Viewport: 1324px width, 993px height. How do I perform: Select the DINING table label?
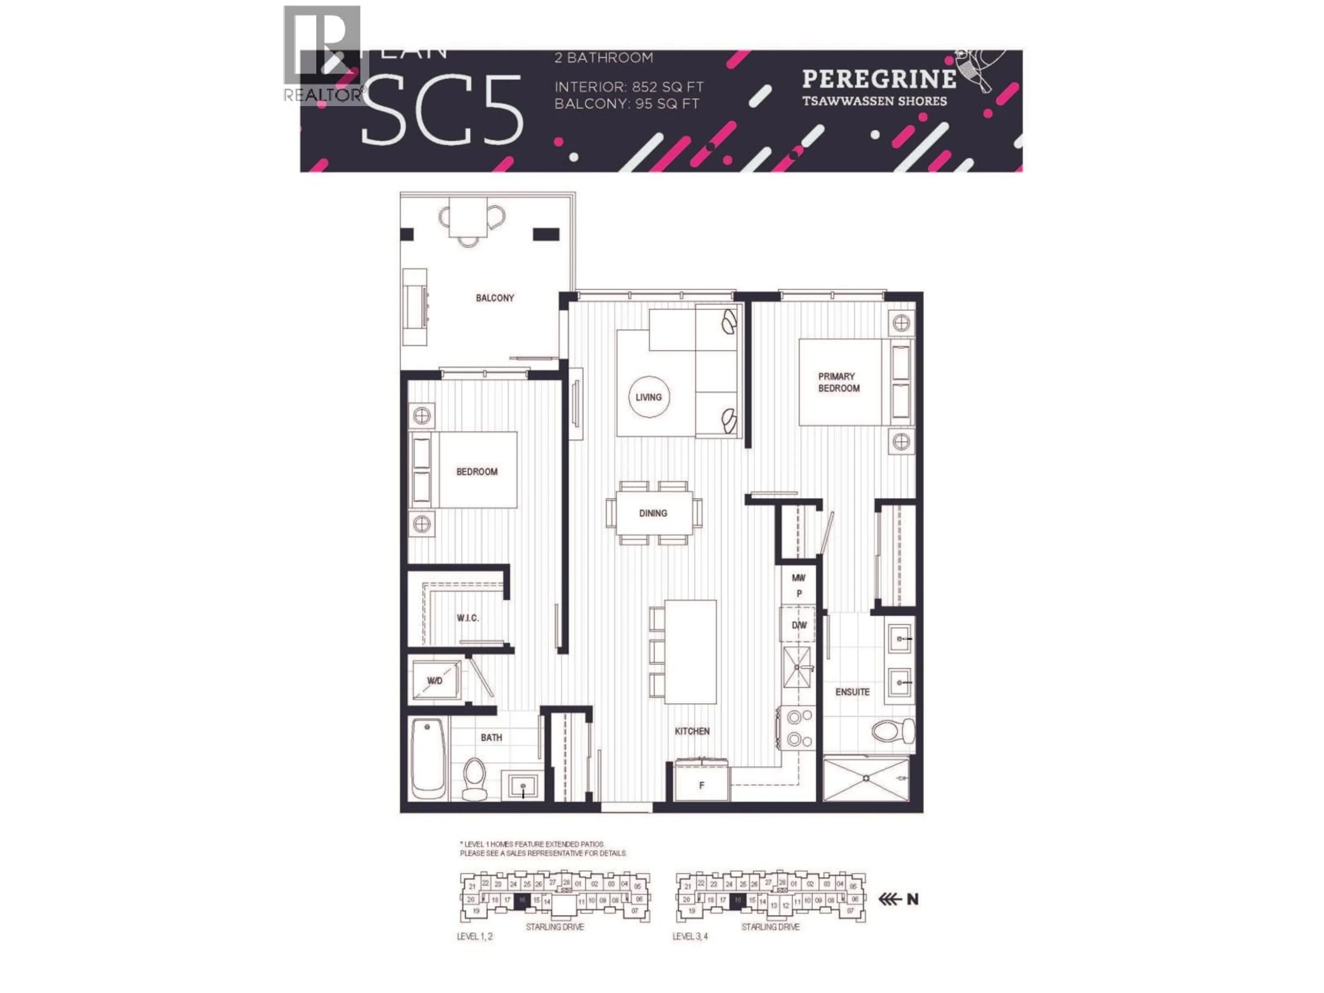coord(652,513)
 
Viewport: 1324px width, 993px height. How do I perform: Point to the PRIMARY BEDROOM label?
coord(838,382)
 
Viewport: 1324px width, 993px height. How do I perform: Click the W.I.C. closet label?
coord(468,618)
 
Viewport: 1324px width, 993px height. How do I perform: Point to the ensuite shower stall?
coord(865,778)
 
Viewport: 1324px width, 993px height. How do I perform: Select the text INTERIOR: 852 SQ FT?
coord(629,87)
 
